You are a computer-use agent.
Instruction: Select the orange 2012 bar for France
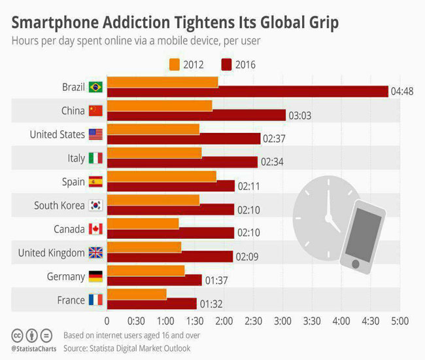click(x=137, y=294)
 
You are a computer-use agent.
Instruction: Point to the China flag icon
click(x=96, y=111)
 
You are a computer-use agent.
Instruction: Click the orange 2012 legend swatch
click(x=174, y=64)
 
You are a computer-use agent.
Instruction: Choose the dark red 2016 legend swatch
click(x=227, y=64)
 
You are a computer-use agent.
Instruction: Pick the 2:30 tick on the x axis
click(x=253, y=321)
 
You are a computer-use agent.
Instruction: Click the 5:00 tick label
click(x=399, y=321)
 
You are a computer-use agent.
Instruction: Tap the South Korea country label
click(x=59, y=206)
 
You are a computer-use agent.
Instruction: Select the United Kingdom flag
click(x=96, y=253)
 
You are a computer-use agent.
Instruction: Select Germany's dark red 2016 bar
click(x=154, y=280)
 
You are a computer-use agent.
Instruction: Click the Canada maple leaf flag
click(x=96, y=229)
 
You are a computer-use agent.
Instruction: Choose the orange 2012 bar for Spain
click(x=161, y=176)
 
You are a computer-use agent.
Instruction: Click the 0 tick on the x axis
click(x=107, y=321)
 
